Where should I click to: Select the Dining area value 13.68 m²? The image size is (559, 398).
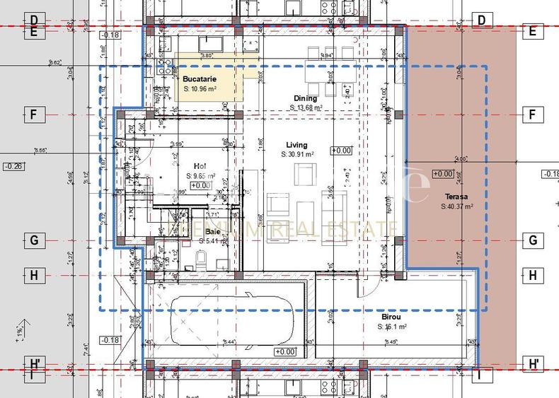306,107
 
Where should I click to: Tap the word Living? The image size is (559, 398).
297,145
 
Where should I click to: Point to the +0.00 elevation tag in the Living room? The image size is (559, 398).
341,151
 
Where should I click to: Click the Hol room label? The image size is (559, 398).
200,167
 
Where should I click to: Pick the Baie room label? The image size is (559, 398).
212,231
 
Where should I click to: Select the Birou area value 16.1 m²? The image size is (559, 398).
392,327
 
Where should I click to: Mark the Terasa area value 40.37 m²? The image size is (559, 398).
456,206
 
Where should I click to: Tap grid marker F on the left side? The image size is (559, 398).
33,115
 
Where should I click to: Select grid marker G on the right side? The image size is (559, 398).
532,240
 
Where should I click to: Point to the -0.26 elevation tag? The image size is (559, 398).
13,166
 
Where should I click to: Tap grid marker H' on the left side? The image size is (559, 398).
33,364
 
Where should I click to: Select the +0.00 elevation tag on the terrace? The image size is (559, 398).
442,174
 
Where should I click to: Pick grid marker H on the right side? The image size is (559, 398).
532,275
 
